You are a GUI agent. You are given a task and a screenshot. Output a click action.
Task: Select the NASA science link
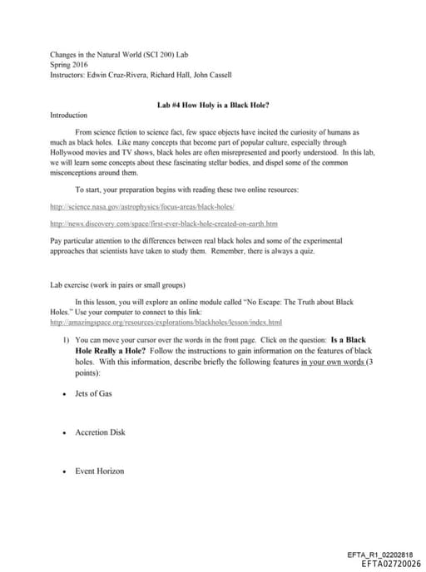tap(143, 205)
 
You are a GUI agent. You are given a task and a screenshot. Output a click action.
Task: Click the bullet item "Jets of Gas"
tap(93, 393)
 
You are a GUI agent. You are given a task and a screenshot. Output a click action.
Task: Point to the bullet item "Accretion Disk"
tap(100, 432)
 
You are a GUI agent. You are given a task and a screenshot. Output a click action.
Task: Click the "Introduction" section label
tap(69, 116)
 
